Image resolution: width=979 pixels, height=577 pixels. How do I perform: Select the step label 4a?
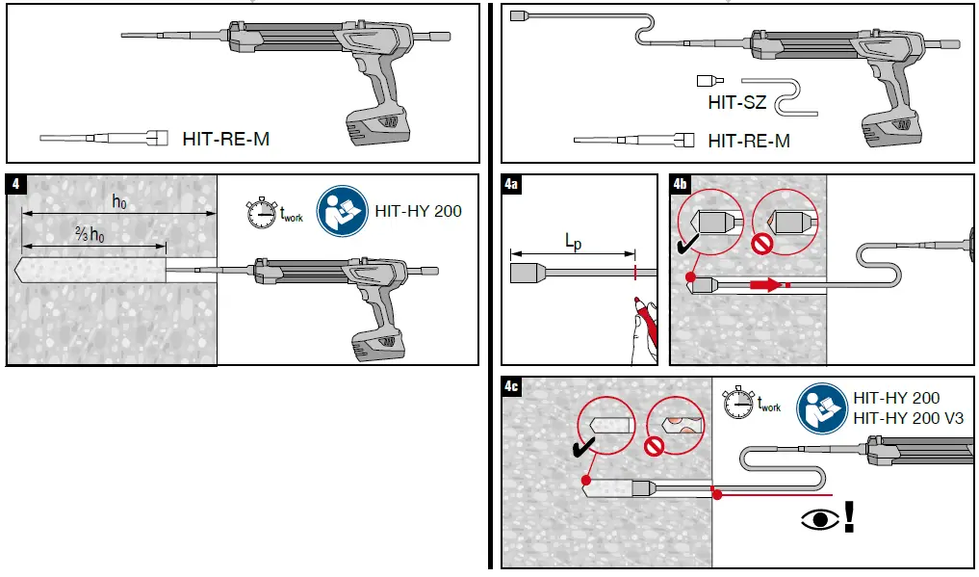(512, 183)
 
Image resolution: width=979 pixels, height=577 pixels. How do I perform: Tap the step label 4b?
(680, 183)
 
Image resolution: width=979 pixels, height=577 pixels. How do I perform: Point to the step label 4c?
(512, 386)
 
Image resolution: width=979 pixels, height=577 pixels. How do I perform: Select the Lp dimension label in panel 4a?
(572, 245)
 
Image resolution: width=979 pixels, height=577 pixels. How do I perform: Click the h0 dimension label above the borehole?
(119, 201)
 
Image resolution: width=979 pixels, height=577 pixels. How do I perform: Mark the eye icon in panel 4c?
(818, 519)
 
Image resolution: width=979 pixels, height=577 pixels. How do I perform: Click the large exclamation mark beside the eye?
(849, 516)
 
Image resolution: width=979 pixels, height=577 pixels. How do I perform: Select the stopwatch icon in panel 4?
(261, 213)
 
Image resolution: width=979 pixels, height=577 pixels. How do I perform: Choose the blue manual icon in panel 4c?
(819, 405)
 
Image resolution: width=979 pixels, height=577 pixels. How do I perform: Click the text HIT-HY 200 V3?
(908, 418)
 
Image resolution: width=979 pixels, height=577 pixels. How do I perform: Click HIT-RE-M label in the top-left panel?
(225, 139)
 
